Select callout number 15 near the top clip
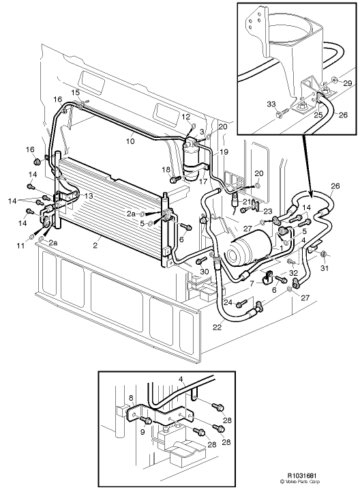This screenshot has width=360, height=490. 75,92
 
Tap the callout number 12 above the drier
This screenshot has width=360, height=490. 185,117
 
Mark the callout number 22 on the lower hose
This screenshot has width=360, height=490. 217,328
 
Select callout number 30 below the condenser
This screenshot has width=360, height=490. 204,272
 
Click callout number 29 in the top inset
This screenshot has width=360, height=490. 348,83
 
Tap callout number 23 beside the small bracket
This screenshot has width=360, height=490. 268,211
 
